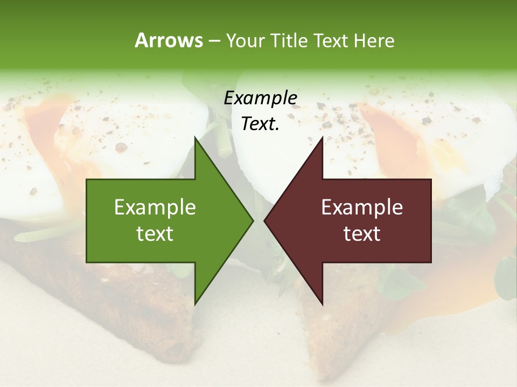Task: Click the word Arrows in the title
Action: [169, 40]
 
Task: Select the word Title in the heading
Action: [290, 41]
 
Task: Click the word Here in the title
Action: [374, 41]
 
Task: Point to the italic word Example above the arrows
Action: [260, 98]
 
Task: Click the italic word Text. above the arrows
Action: [260, 124]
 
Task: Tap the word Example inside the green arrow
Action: [155, 207]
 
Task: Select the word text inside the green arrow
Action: [155, 234]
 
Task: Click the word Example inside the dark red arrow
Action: [362, 207]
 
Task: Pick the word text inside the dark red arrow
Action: [362, 234]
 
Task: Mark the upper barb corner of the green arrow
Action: [195, 138]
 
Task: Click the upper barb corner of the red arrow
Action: [322, 138]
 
